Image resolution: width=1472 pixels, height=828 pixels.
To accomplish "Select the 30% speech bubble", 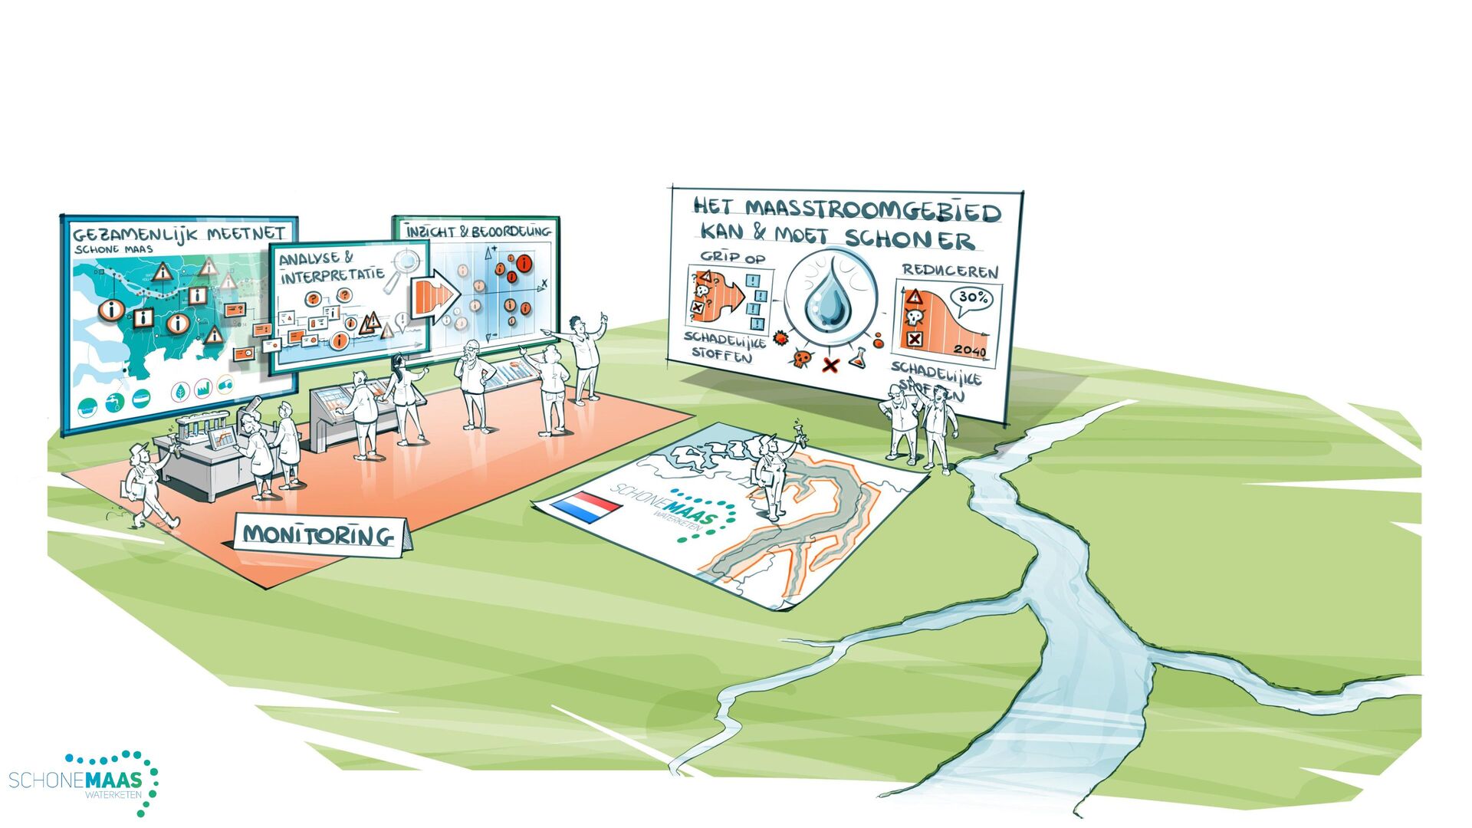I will [x=971, y=297].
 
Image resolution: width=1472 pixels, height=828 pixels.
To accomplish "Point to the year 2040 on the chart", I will [x=970, y=351].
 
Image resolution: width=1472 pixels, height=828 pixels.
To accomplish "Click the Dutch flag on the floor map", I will [x=587, y=507].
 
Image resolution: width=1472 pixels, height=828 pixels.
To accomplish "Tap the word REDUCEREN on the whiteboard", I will [x=950, y=271].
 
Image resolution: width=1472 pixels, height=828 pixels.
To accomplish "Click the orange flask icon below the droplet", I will [x=856, y=356].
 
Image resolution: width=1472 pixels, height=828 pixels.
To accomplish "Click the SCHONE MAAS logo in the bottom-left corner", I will [x=84, y=782].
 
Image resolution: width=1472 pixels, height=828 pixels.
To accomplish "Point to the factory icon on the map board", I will [x=203, y=389].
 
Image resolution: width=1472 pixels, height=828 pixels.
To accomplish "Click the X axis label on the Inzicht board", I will [x=544, y=284].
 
